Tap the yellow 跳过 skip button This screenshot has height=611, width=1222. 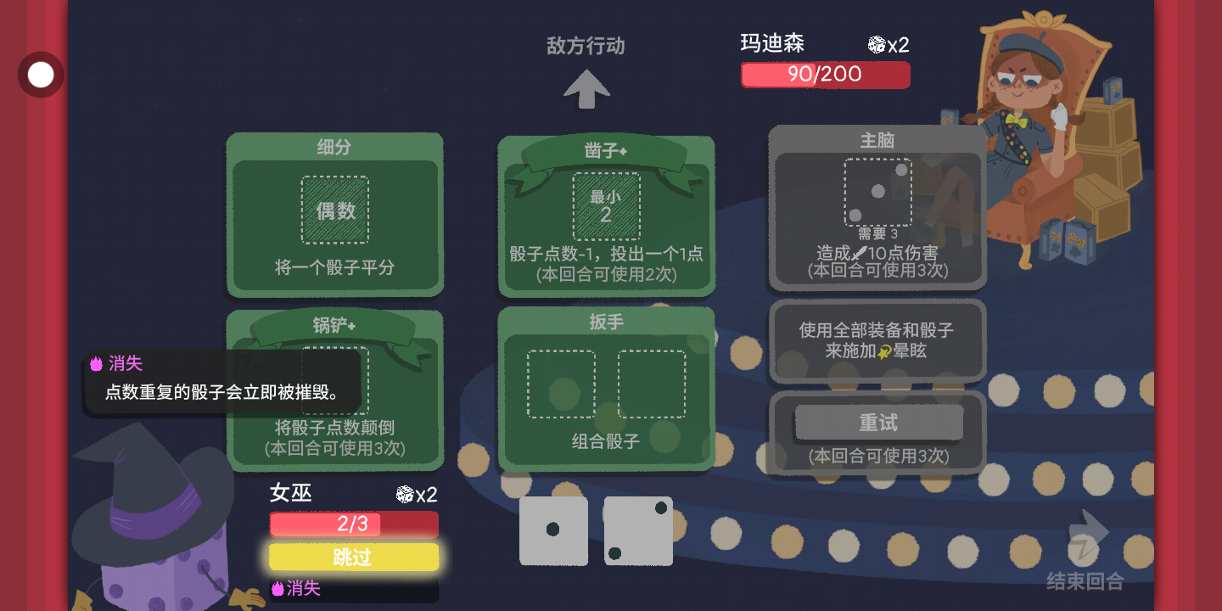coord(354,557)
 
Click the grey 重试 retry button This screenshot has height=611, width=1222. coord(878,423)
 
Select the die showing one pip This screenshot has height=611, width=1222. coord(553,530)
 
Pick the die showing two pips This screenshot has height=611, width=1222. coord(638,530)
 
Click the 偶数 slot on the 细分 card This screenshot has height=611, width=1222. coord(335,210)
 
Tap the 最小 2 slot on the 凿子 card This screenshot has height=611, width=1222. coord(606,205)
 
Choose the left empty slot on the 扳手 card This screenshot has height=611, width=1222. coord(561,384)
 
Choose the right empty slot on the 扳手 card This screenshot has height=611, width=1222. coord(651,384)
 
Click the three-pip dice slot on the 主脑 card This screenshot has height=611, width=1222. coord(877,192)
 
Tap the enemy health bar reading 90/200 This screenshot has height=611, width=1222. coord(825,75)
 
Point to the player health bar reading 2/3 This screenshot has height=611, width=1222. coord(354,524)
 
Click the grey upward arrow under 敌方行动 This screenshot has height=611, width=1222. coord(586,88)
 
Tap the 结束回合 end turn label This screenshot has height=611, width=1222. coord(1085,581)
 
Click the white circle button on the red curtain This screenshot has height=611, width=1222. coord(41,75)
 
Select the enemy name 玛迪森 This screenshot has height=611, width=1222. coord(772,43)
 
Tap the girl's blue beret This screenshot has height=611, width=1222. coord(1030,53)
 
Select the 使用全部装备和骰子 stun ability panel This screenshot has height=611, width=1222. coord(877,340)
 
